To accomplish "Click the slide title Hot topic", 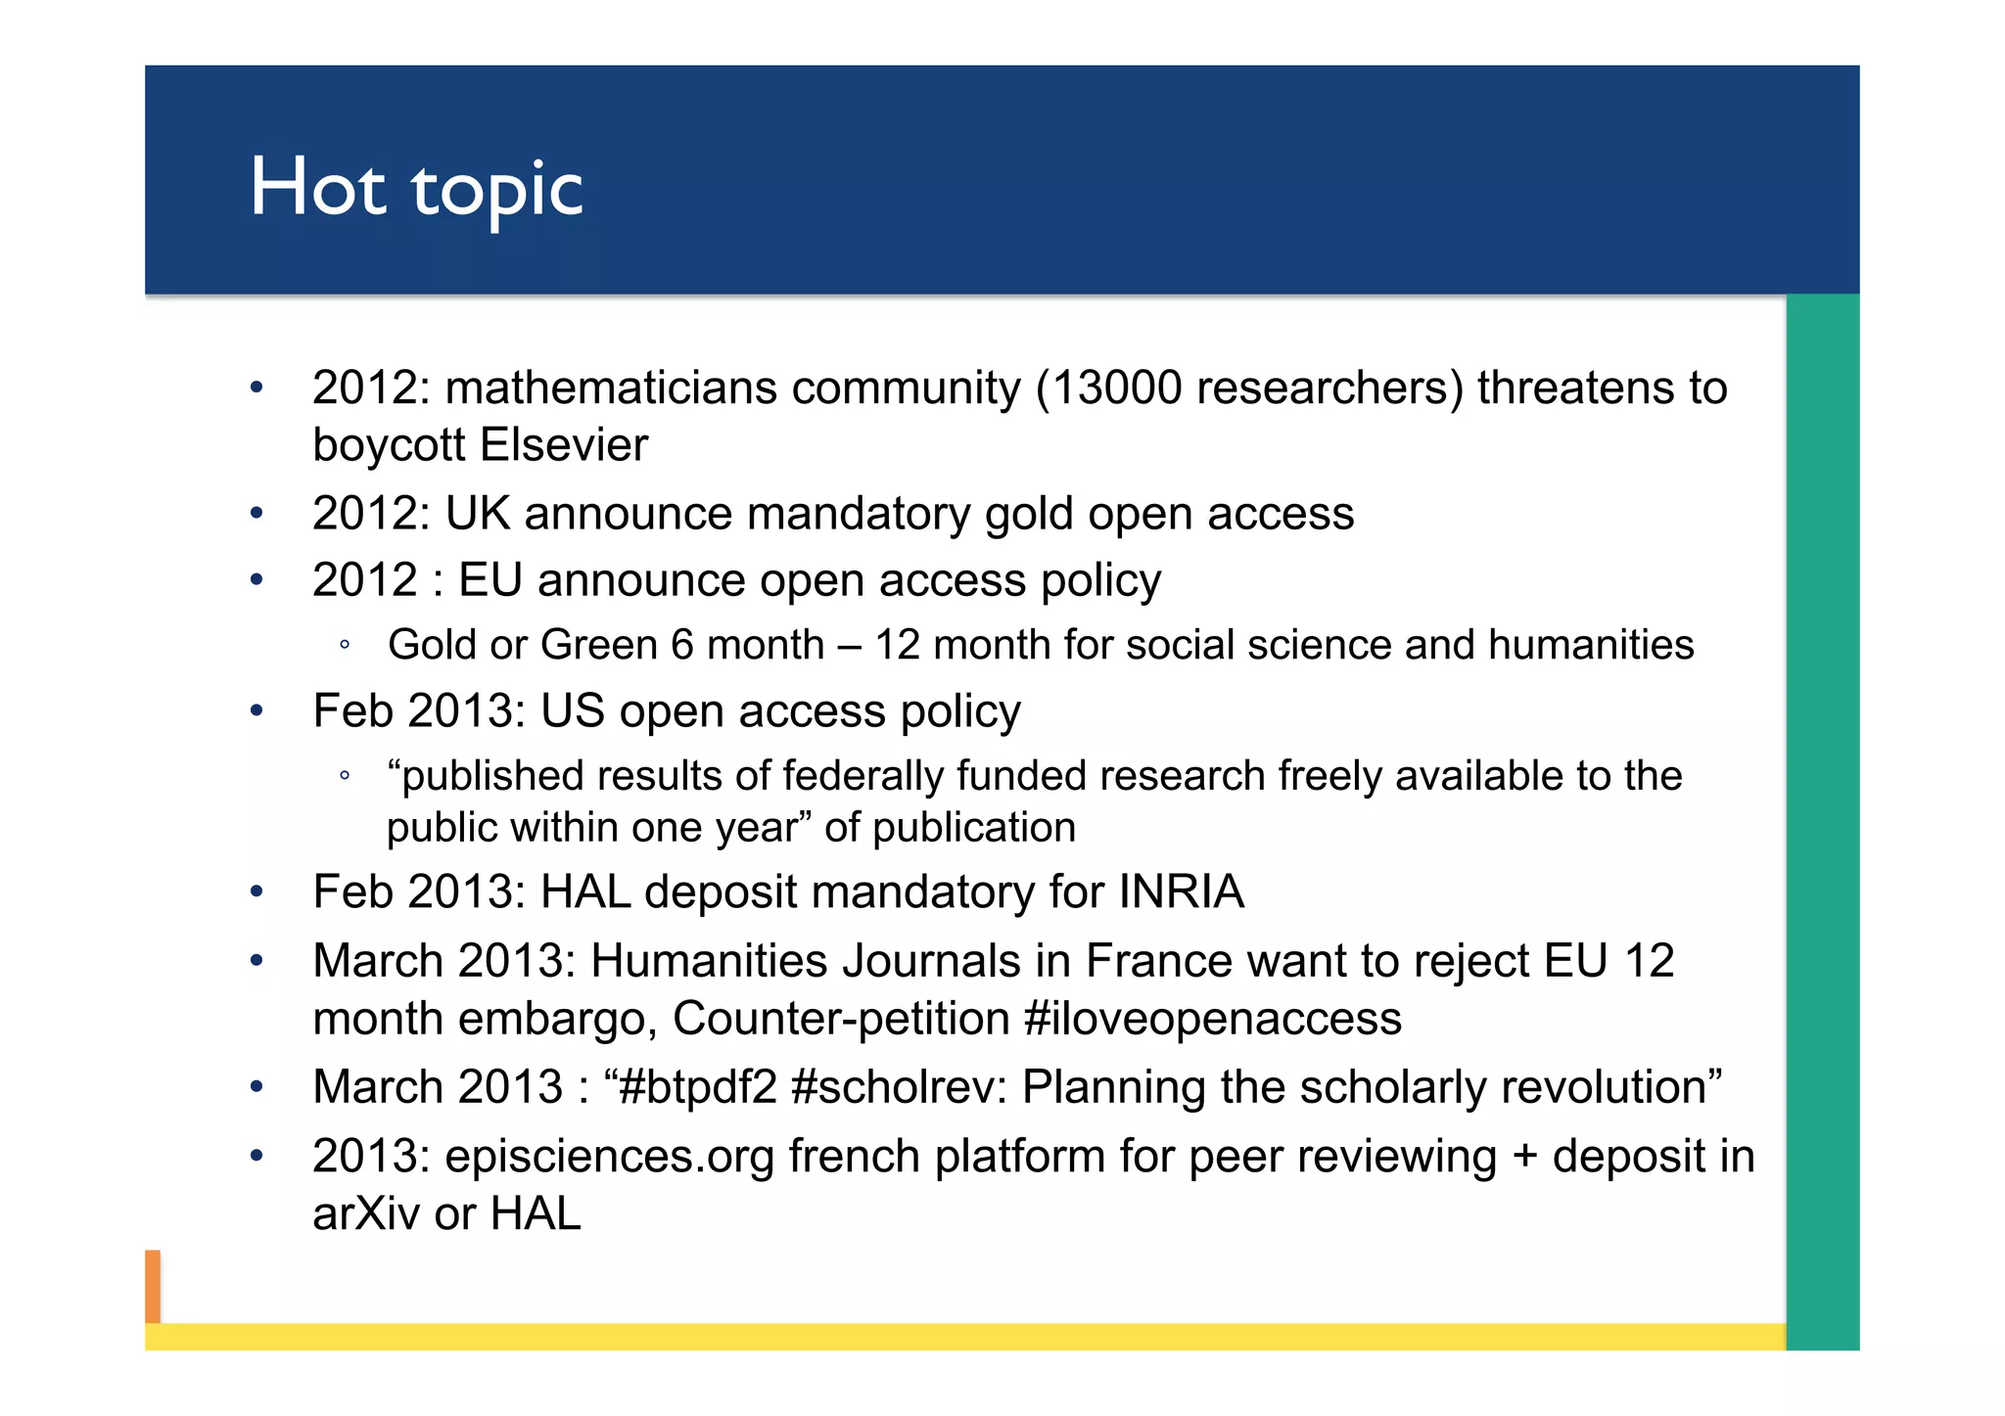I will (x=416, y=188).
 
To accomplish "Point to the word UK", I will (x=477, y=514).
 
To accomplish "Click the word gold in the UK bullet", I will (x=1028, y=515).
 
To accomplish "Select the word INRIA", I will (x=1181, y=892).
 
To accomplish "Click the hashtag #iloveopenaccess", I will (x=1212, y=1019).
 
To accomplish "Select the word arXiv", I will (x=365, y=1214).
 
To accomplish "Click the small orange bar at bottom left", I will (x=153, y=1286).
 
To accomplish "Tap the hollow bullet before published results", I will (x=344, y=777).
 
